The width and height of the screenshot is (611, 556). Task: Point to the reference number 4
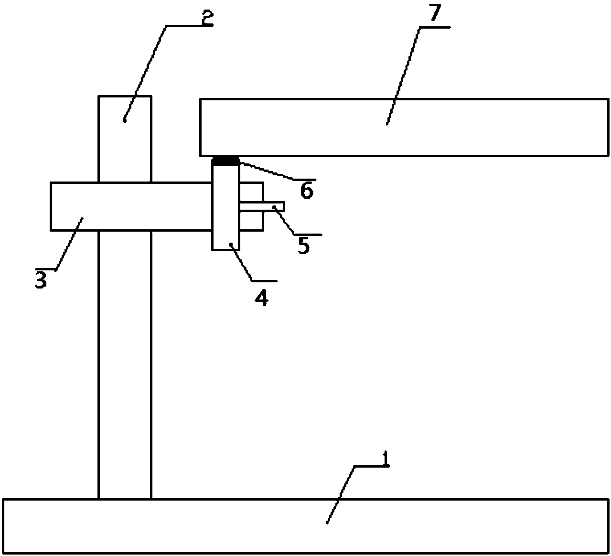[261, 298]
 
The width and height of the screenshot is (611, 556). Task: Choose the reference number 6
[306, 191]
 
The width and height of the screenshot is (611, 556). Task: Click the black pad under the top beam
[225, 161]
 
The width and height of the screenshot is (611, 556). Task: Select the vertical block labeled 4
[225, 215]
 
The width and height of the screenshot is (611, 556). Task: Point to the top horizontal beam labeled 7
[404, 127]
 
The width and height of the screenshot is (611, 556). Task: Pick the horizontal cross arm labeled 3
[129, 206]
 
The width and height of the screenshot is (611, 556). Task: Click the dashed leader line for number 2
[145, 72]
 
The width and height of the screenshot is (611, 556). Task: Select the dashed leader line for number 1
[341, 494]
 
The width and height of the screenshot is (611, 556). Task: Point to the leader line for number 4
[244, 263]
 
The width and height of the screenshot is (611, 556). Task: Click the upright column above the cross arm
[125, 139]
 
